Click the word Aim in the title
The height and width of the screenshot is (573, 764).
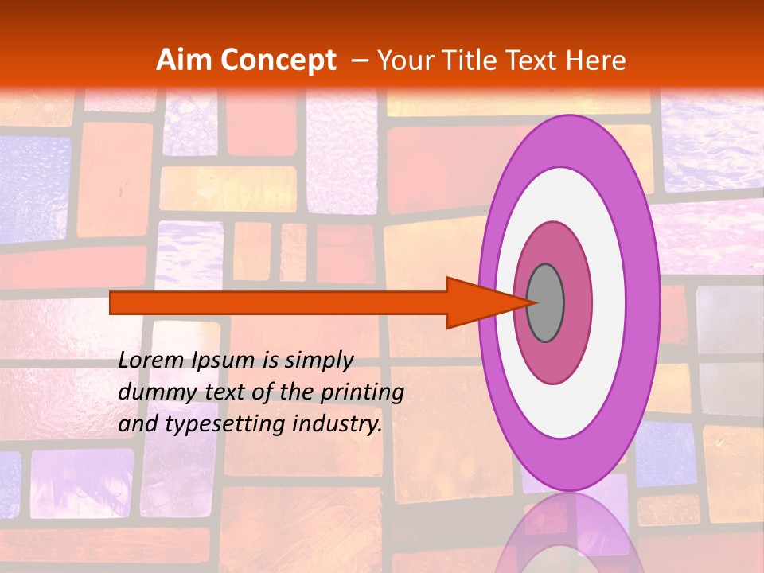pos(185,60)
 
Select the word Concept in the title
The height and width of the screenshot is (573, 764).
pos(279,60)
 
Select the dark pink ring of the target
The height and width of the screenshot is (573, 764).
pos(577,302)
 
